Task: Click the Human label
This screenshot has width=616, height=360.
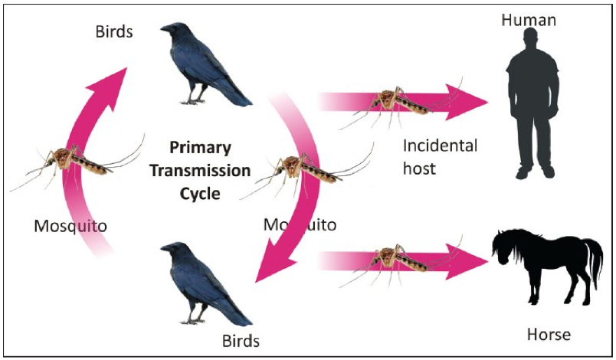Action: (x=529, y=20)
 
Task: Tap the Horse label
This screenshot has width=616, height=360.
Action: (x=549, y=335)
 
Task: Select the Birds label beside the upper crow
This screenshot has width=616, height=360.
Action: (x=114, y=32)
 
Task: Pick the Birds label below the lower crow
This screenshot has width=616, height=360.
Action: (x=241, y=341)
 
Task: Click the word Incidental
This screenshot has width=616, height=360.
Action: (x=440, y=146)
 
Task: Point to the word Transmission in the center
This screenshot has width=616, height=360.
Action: (x=200, y=171)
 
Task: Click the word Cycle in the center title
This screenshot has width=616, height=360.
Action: (x=200, y=194)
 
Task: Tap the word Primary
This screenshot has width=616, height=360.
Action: (x=200, y=148)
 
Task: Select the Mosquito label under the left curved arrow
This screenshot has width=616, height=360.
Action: (x=70, y=226)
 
